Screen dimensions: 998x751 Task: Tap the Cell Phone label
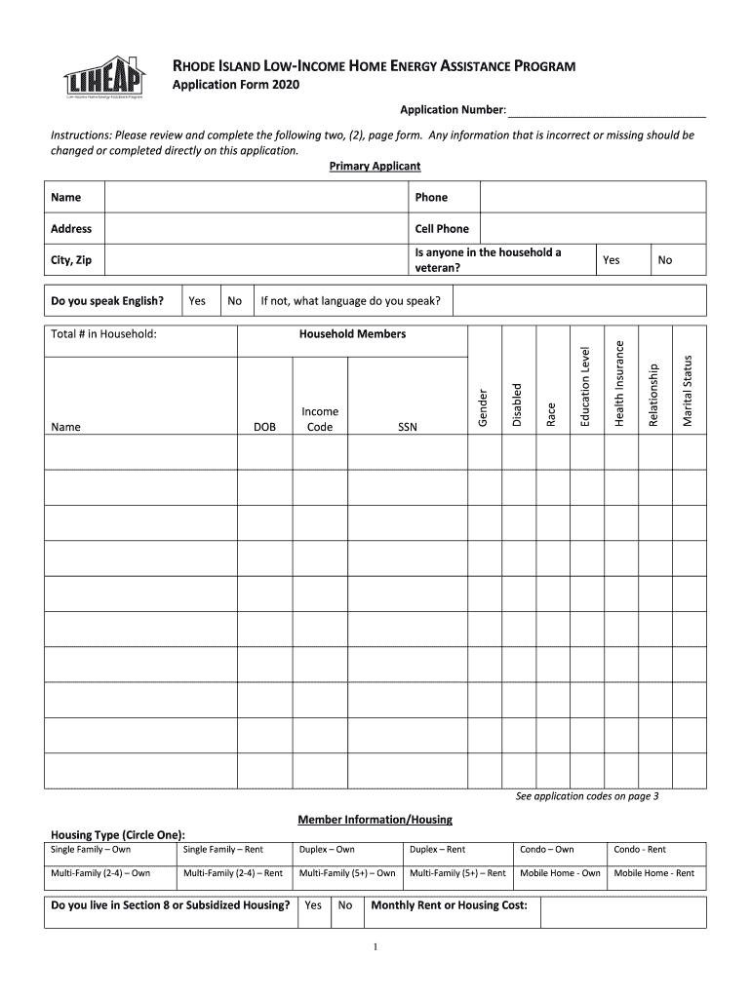pyautogui.click(x=442, y=229)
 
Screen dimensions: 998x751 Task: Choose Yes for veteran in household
pyautogui.click(x=612, y=260)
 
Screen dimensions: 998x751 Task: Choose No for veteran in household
pyautogui.click(x=665, y=260)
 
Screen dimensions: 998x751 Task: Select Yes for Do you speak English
pyautogui.click(x=197, y=301)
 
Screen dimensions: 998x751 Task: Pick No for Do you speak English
pyautogui.click(x=234, y=301)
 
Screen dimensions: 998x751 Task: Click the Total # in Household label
pyautogui.click(x=104, y=334)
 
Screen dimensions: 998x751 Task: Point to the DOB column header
pyautogui.click(x=264, y=427)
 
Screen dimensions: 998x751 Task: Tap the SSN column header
pyautogui.click(x=407, y=427)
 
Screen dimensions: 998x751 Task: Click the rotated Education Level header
pyautogui.click(x=585, y=387)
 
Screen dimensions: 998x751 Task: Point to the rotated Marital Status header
pyautogui.click(x=687, y=390)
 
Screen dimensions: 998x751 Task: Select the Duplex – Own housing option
pyautogui.click(x=327, y=850)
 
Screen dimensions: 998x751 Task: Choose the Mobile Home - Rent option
pyautogui.click(x=653, y=873)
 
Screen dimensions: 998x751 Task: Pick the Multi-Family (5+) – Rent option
pyautogui.click(x=457, y=873)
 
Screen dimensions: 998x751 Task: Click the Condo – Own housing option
pyautogui.click(x=546, y=850)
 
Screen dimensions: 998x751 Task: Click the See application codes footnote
pyautogui.click(x=587, y=796)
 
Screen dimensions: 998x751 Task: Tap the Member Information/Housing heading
pyautogui.click(x=375, y=820)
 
